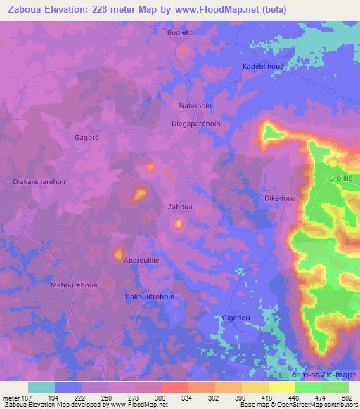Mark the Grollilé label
[x=340, y=178]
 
